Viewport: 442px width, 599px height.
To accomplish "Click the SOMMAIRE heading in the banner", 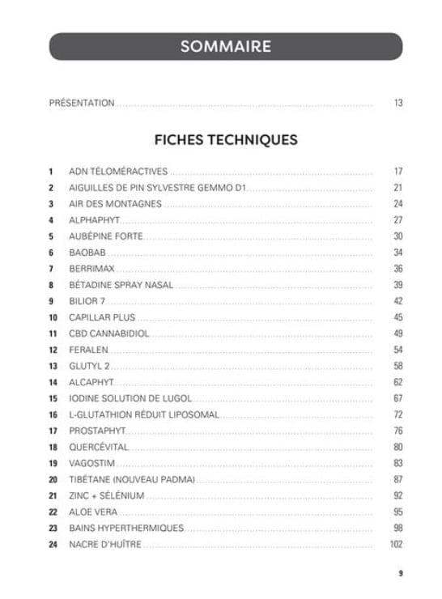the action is (225, 46).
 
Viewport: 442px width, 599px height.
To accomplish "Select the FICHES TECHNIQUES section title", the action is (226, 139).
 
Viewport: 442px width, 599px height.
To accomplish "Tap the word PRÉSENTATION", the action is (82, 103).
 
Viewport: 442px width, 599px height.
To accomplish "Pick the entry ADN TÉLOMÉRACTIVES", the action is (117, 172).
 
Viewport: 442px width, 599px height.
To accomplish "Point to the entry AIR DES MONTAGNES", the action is (115, 204).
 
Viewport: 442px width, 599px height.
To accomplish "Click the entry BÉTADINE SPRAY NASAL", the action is (121, 285).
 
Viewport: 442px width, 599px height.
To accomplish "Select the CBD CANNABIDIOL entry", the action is (109, 333).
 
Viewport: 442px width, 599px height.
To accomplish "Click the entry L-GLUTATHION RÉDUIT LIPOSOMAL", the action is (145, 414).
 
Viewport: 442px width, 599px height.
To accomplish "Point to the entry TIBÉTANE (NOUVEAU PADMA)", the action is (133, 479).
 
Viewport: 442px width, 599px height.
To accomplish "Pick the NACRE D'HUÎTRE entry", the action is (105, 544).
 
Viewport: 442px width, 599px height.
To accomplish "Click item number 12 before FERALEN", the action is (53, 350).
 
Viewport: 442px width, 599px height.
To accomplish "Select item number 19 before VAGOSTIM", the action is (53, 463).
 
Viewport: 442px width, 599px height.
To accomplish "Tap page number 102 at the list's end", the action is (396, 544).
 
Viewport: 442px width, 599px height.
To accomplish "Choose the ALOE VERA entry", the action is (93, 512).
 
